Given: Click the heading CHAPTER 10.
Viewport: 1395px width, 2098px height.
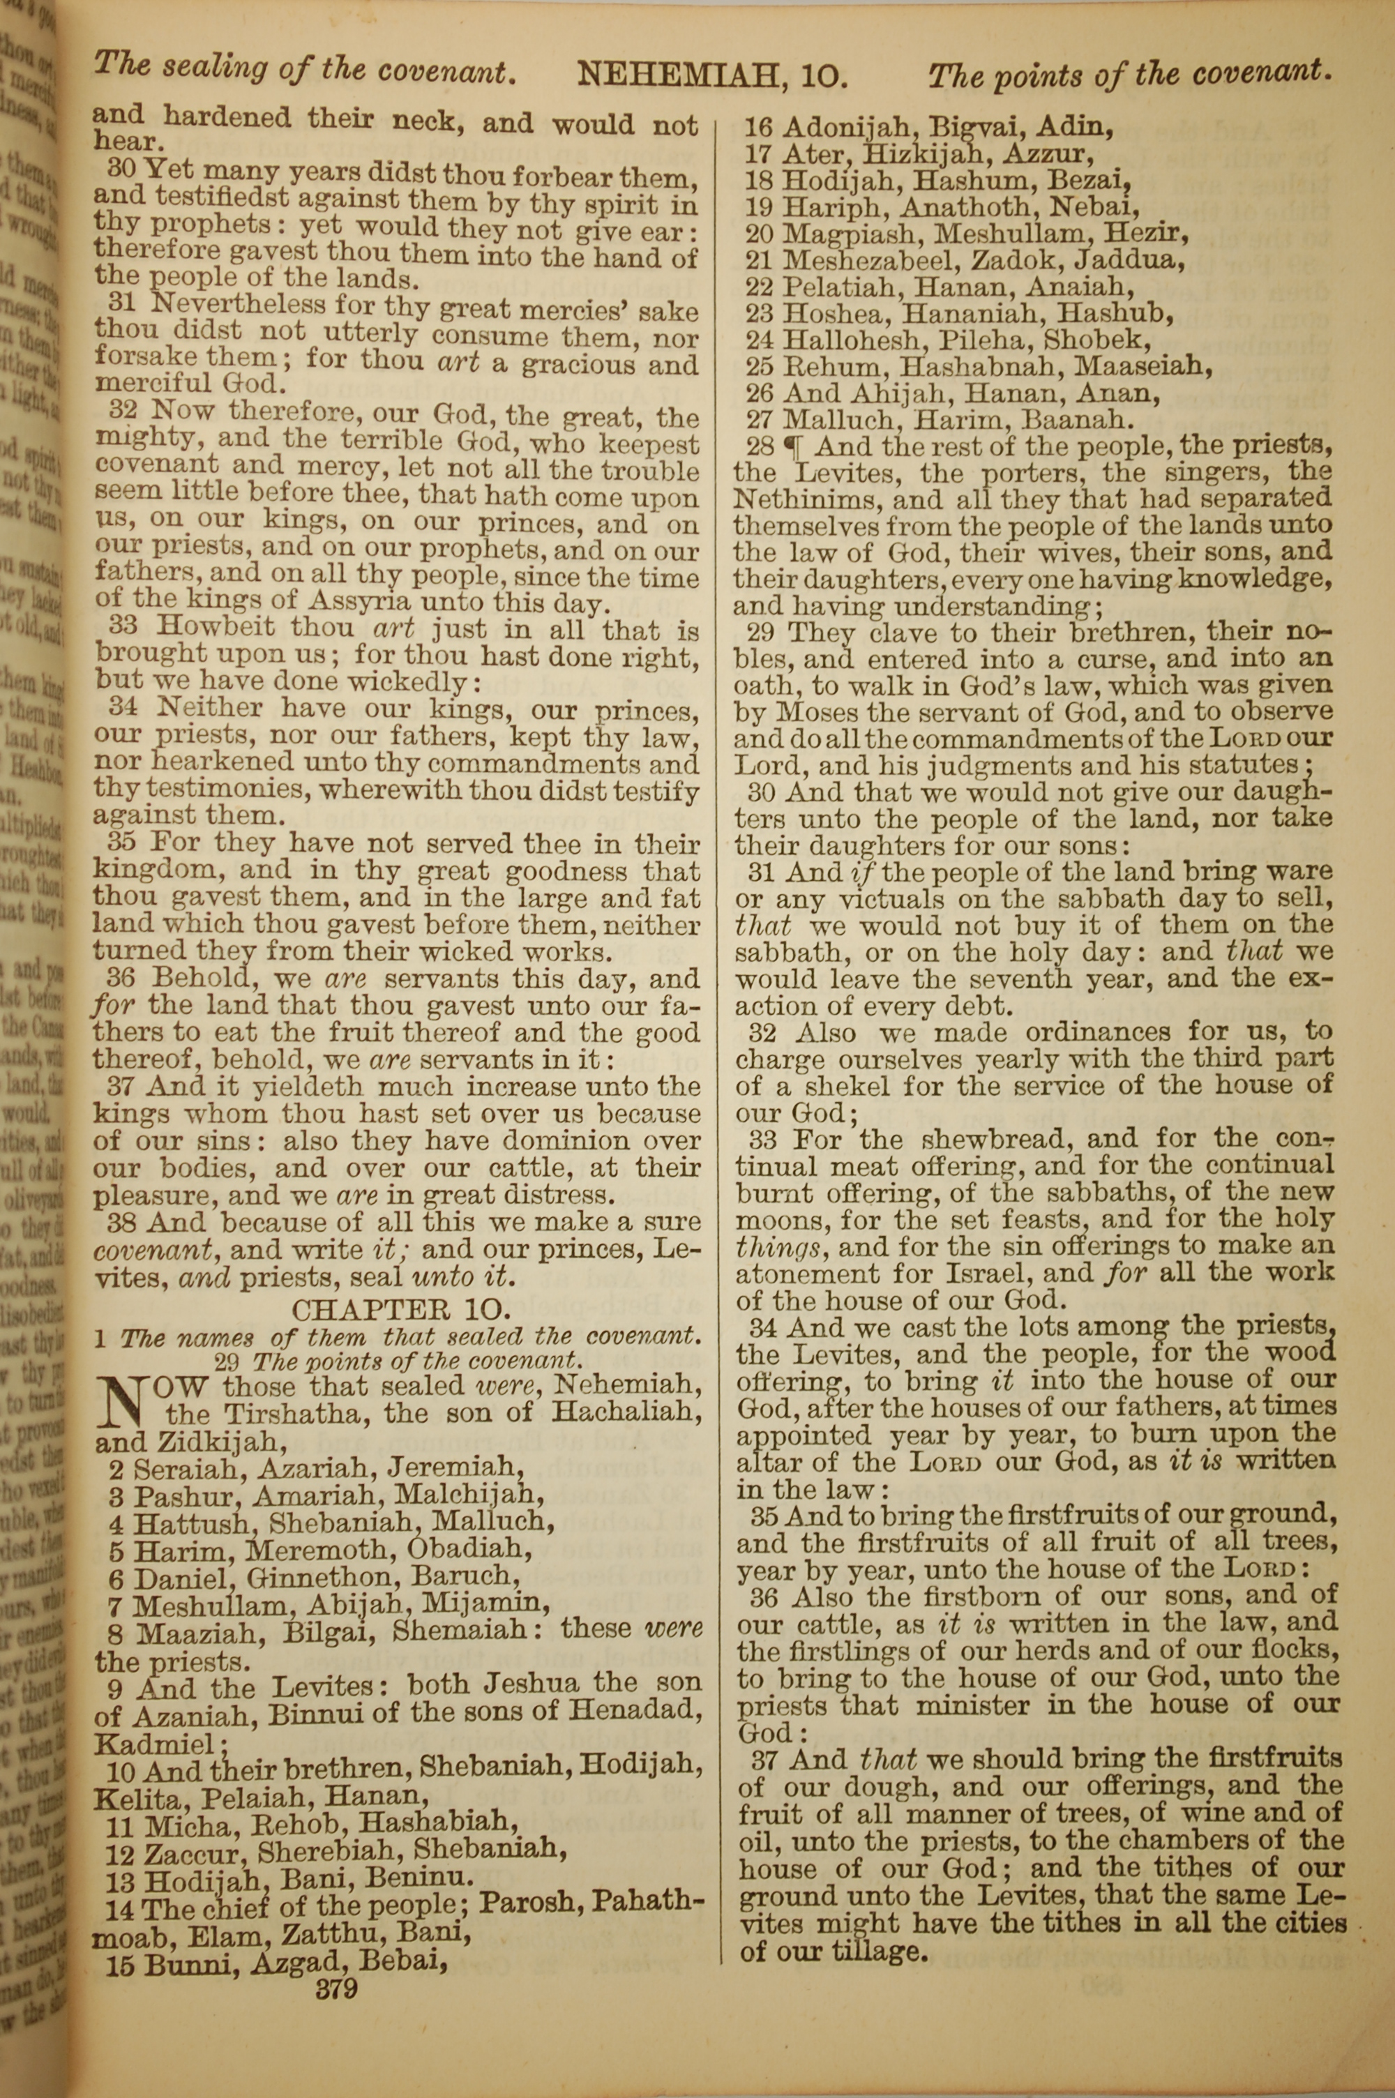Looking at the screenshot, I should pos(401,1308).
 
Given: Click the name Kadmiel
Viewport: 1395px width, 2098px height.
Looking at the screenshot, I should pos(155,1744).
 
